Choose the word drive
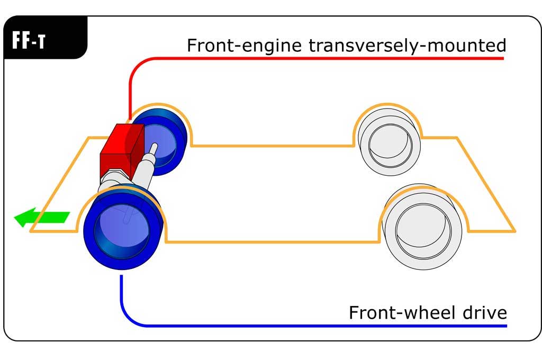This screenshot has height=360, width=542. tap(484, 313)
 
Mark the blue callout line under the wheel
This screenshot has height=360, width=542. tap(318, 325)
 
